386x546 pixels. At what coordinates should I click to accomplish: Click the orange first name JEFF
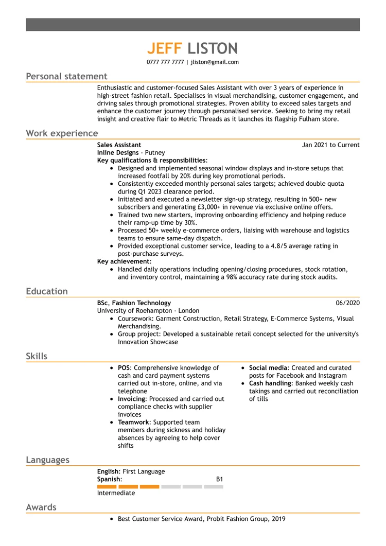point(165,48)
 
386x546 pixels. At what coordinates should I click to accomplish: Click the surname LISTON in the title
point(213,48)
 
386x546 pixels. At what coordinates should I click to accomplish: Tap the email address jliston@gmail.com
point(215,62)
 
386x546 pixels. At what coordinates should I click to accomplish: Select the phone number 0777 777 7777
point(165,62)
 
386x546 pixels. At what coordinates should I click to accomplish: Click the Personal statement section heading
point(66,77)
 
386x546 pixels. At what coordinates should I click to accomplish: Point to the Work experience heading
point(62,133)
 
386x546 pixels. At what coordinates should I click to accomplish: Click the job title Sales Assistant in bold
point(119,145)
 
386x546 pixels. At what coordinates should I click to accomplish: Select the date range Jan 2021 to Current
point(330,145)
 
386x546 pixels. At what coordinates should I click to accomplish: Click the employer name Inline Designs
point(118,153)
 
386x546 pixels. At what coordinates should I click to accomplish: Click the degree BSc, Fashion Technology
point(134,303)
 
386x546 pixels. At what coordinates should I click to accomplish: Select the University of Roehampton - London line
point(148,311)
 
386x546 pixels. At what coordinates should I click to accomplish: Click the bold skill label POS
point(124,368)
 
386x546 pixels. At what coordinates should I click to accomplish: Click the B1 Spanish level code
point(219,479)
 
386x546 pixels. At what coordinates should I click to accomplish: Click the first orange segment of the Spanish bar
point(107,486)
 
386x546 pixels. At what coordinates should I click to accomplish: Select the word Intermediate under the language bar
point(116,493)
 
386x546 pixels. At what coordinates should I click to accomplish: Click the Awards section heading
point(41,507)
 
